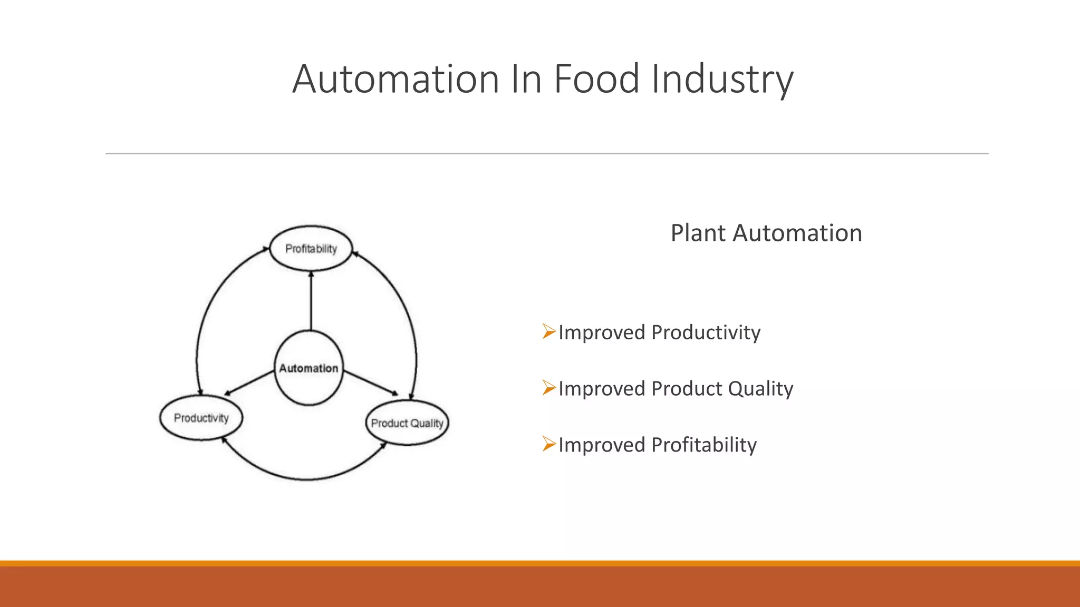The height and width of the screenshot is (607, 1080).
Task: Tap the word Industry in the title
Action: (x=722, y=79)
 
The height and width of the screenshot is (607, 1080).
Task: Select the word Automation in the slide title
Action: (x=396, y=79)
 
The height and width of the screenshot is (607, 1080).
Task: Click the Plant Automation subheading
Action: (x=766, y=233)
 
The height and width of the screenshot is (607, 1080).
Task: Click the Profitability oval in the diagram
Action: (x=311, y=249)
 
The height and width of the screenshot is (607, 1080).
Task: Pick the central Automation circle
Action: (x=309, y=368)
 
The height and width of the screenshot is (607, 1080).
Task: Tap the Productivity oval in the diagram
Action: (x=201, y=418)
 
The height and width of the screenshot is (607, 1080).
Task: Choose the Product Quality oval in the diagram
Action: (x=407, y=423)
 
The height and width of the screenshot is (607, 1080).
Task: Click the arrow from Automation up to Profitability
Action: (x=311, y=300)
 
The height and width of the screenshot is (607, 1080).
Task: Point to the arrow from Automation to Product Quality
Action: (x=371, y=383)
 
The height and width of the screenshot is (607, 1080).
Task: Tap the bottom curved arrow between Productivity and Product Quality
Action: (x=306, y=479)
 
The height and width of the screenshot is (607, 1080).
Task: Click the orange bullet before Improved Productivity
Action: (x=549, y=332)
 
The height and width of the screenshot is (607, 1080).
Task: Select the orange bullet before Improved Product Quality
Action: (x=549, y=388)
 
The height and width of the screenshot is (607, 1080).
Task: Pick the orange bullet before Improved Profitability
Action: (x=549, y=445)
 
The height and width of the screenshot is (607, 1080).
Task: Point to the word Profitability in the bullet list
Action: (x=704, y=445)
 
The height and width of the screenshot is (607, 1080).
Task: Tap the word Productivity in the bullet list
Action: (x=706, y=332)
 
